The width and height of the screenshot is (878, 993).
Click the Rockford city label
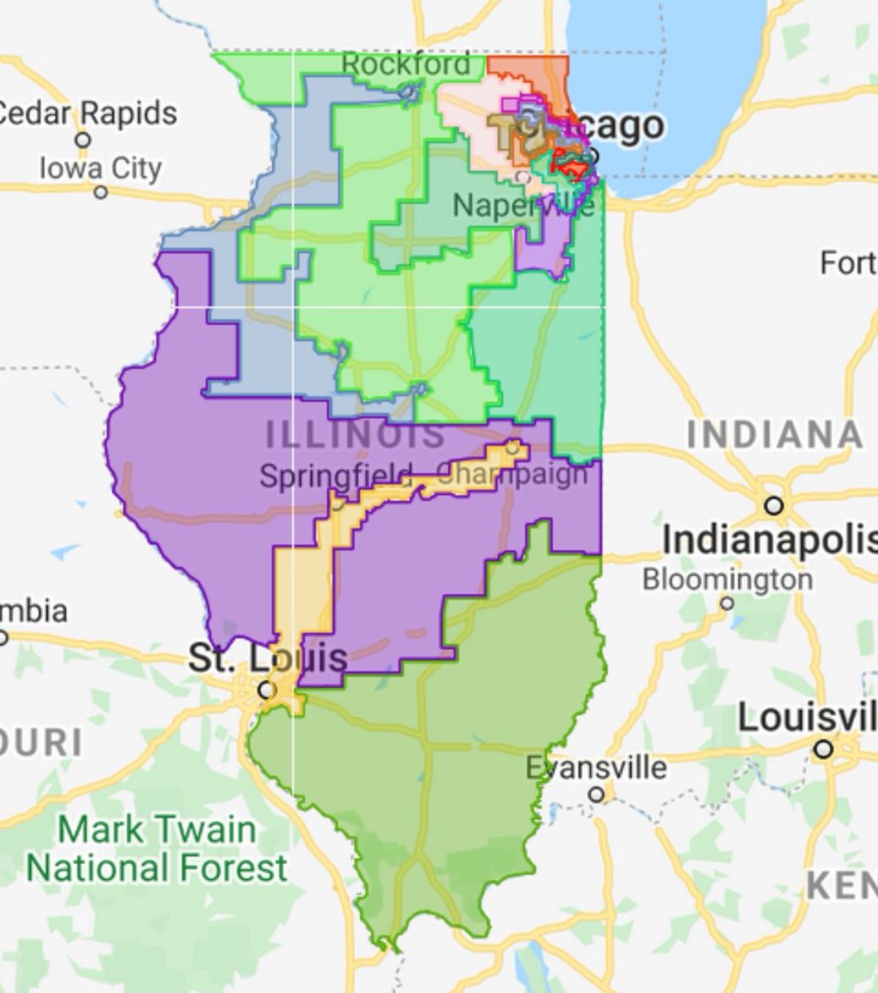tap(406, 64)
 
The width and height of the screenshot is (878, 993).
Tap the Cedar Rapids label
tap(87, 113)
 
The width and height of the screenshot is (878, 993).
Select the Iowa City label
tap(100, 168)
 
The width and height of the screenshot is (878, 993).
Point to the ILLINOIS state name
tap(355, 435)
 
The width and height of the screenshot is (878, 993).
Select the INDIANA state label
tap(775, 435)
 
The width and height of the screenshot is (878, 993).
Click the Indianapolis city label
tap(769, 540)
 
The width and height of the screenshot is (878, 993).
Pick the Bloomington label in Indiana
tap(727, 578)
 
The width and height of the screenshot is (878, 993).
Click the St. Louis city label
tap(268, 658)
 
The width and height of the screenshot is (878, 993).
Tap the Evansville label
tap(596, 767)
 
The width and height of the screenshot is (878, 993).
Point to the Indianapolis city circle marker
tap(774, 505)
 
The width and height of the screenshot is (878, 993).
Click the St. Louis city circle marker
tap(266, 689)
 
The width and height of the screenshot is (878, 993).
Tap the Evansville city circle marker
tap(596, 794)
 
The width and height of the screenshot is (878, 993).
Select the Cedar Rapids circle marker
tap(82, 139)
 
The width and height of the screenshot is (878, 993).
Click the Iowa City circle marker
tap(100, 192)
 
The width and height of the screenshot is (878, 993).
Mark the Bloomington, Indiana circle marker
tap(727, 603)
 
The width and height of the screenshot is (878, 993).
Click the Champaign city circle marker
tap(514, 448)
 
